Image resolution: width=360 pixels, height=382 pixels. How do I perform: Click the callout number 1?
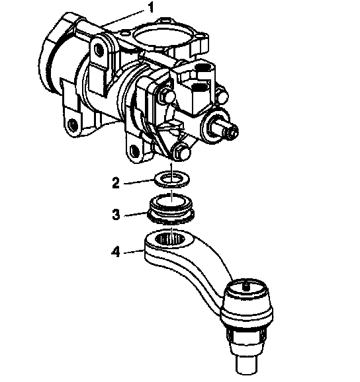click(x=151, y=8)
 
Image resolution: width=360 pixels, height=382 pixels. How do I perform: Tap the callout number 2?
click(x=116, y=183)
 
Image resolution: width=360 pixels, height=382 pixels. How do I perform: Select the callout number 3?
click(x=116, y=215)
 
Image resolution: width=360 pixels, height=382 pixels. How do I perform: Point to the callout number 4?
click(x=116, y=252)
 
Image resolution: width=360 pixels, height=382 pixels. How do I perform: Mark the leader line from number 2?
click(x=138, y=182)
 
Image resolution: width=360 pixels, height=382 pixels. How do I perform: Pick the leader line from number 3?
click(x=136, y=214)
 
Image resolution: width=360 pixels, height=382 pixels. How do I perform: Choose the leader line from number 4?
click(x=134, y=252)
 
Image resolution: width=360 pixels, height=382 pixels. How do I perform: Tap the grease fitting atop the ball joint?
click(x=247, y=287)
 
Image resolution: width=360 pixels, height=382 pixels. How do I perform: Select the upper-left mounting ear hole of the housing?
click(x=99, y=50)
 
